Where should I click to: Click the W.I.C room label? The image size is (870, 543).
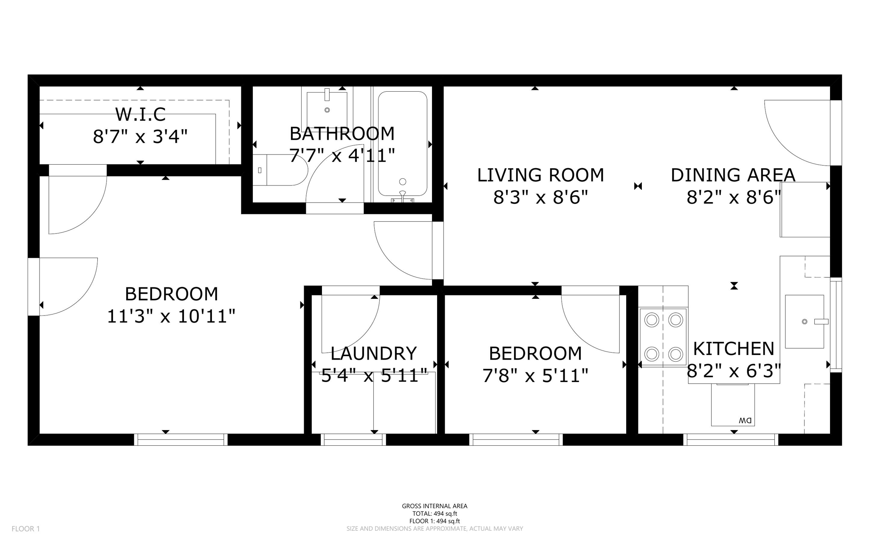[x=140, y=115]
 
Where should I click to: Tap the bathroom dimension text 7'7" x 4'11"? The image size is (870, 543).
[x=342, y=155]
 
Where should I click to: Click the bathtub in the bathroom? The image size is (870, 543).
[x=402, y=143]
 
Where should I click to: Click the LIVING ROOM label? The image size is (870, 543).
[x=540, y=175]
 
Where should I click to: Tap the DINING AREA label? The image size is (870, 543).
[x=733, y=175]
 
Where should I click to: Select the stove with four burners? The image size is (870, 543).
[x=664, y=337]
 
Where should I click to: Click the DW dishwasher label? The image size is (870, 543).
[x=745, y=420]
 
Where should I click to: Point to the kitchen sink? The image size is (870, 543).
[x=804, y=321]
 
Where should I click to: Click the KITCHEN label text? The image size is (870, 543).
[x=734, y=349]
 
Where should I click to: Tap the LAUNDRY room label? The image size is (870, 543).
[x=373, y=353]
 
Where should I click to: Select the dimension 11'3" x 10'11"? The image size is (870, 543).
[x=171, y=316]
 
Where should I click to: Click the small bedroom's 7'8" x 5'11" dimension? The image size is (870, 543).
[x=535, y=376]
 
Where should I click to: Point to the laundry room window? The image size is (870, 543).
[x=353, y=440]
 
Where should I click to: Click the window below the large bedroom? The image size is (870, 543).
[x=181, y=440]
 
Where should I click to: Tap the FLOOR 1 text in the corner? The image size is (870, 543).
[x=25, y=529]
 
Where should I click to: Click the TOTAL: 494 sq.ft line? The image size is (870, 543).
[x=435, y=514]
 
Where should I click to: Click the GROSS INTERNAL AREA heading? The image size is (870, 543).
[x=435, y=506]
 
